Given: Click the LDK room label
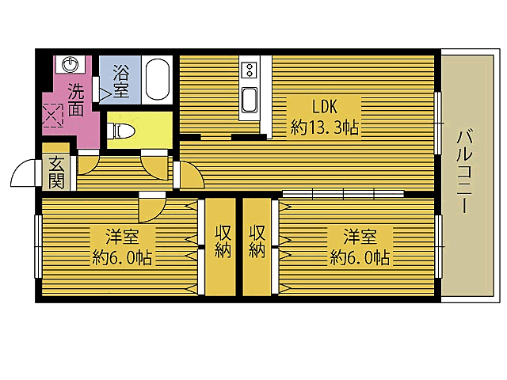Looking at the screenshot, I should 325,106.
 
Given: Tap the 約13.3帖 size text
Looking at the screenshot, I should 325,126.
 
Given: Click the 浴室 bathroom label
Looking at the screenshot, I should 122,79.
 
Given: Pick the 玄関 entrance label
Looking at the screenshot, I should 56,173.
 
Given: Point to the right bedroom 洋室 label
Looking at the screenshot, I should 358,235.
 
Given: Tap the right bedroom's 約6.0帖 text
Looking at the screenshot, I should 358,257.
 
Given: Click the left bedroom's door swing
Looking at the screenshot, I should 150,209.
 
